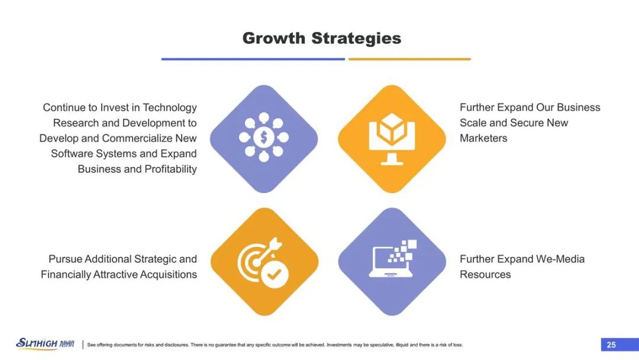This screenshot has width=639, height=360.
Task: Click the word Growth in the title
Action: [x=274, y=38]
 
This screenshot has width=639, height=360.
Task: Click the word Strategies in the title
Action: [x=357, y=38]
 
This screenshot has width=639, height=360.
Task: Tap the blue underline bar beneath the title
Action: [x=253, y=59]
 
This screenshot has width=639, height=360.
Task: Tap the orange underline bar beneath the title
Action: [x=409, y=59]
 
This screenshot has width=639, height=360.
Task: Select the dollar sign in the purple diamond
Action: [x=264, y=137]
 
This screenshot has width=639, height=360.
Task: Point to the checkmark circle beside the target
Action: [x=275, y=274]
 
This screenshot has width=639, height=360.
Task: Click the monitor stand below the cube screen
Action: [x=392, y=159]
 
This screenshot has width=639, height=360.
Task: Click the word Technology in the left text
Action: [x=170, y=108]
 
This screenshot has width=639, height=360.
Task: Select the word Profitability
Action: [x=170, y=169]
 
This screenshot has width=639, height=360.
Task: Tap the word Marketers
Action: [x=483, y=138]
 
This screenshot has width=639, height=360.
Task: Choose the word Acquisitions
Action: [x=168, y=274]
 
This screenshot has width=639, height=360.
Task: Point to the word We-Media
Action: [x=560, y=259]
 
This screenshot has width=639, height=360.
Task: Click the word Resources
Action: [x=485, y=274]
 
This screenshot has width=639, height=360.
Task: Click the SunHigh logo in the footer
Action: [x=45, y=343]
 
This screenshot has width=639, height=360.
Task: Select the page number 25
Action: [x=611, y=345]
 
